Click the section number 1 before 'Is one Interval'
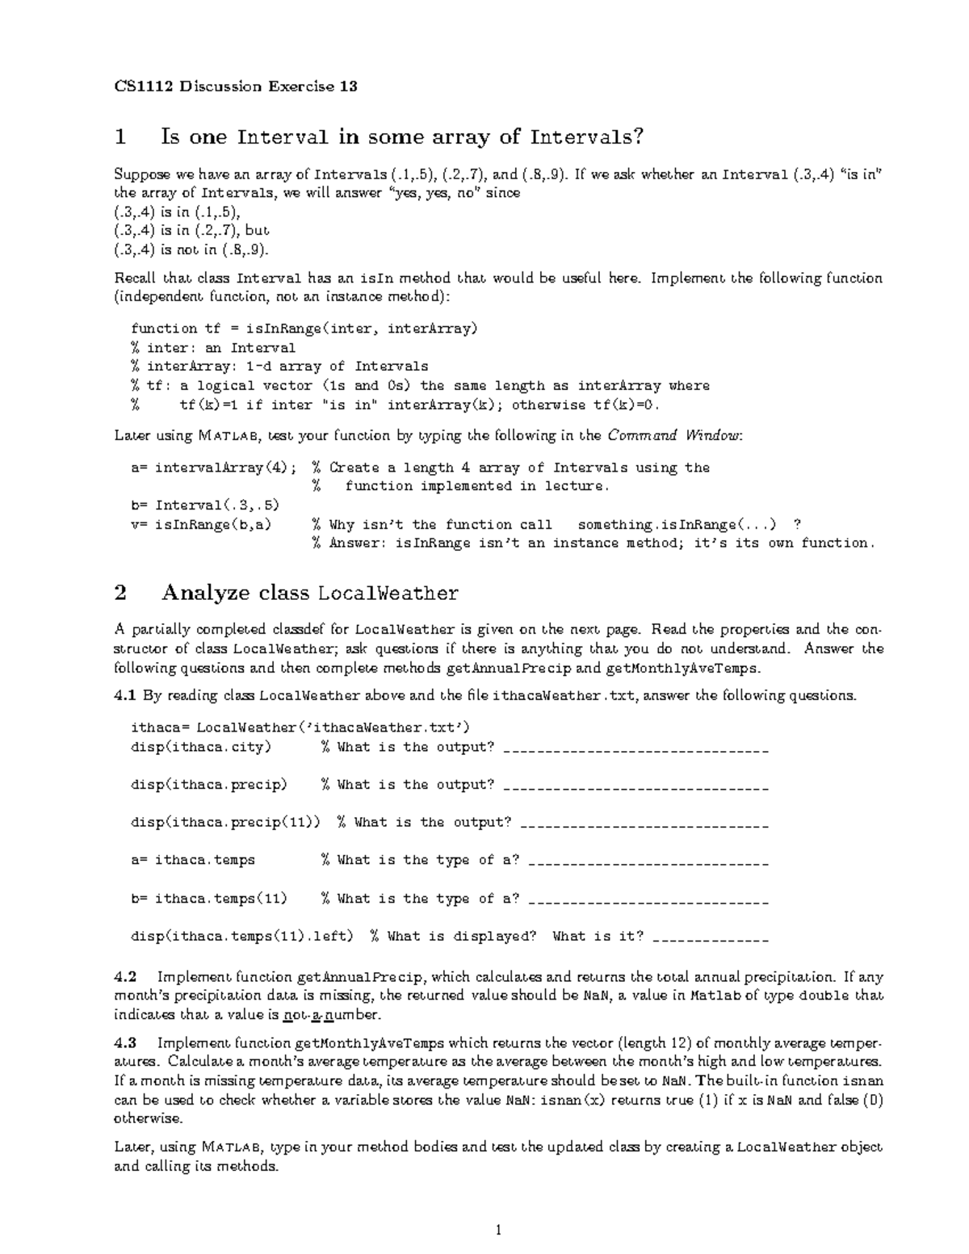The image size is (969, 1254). click(120, 136)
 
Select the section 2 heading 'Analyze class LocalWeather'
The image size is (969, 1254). click(310, 593)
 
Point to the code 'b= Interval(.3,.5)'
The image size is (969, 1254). click(205, 505)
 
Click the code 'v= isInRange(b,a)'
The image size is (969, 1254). click(201, 525)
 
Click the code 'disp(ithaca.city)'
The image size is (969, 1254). click(201, 747)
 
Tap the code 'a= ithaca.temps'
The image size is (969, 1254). click(193, 860)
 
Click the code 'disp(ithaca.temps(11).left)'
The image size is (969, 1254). click(242, 937)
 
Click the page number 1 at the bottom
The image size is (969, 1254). click(498, 1230)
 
